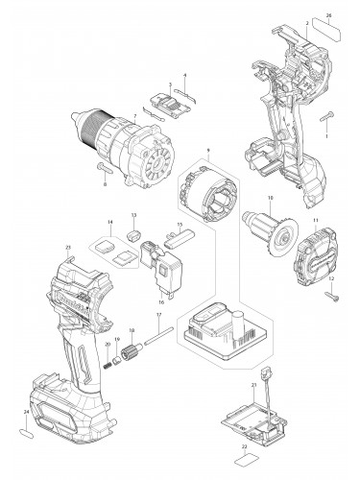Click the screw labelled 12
tap(332, 296)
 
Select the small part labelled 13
tap(135, 231)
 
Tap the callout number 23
tap(68, 248)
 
